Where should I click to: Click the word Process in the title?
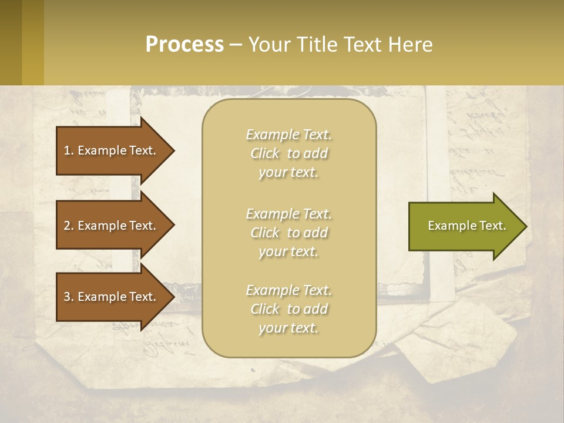[184, 44]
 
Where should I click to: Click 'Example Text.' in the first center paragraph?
[288, 135]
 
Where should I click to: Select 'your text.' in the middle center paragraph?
[288, 251]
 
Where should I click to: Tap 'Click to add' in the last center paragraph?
[288, 309]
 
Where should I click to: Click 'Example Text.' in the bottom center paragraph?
[288, 290]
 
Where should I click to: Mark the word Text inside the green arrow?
[492, 226]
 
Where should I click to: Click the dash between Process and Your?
[236, 45]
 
